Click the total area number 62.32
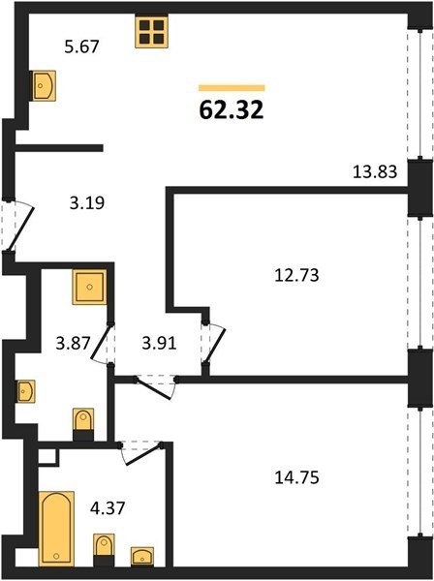(232, 110)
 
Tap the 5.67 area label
(82, 46)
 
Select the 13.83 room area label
(375, 172)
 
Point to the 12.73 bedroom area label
(296, 275)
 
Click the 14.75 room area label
(296, 477)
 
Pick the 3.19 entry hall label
(87, 203)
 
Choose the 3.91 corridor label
(160, 344)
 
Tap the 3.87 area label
(73, 343)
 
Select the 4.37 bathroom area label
(108, 507)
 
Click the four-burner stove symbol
(151, 32)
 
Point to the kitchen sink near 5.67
(44, 85)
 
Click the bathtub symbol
(56, 529)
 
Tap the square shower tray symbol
(89, 287)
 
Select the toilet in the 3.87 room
(83, 424)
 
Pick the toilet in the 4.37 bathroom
(104, 549)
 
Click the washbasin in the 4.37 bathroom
(142, 556)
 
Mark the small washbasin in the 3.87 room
(26, 391)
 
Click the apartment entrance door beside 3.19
(17, 226)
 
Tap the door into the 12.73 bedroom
(213, 343)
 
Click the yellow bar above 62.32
(232, 88)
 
